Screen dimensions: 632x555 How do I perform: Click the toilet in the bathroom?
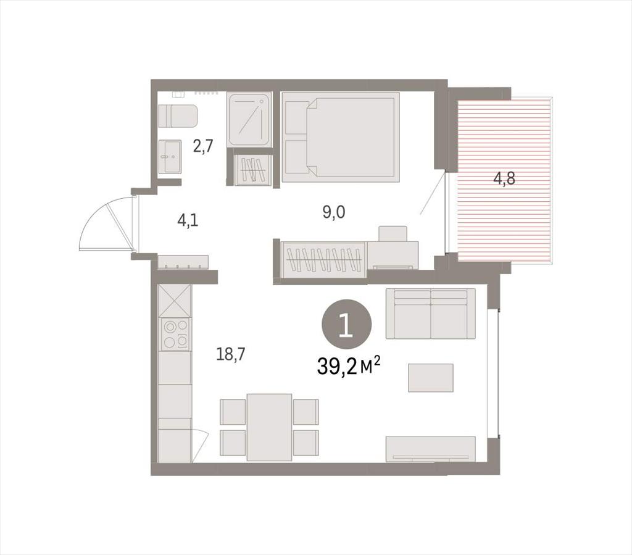coord(178,116)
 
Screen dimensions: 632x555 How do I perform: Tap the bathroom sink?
coord(169,157)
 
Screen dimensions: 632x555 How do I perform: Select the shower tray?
coord(249,119)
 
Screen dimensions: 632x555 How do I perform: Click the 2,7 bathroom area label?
coord(202,146)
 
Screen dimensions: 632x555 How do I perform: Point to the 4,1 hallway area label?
coord(188,220)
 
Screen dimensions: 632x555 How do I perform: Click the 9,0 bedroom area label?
coord(334,212)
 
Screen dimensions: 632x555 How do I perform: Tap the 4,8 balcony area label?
coord(504,178)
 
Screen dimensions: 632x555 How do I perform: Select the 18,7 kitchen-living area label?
coord(231,354)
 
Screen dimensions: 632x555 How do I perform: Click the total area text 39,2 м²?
coord(349,366)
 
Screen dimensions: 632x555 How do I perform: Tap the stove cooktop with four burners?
coord(175,334)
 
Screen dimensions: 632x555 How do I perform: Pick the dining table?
coord(269,427)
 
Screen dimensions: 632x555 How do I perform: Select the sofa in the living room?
coord(430,314)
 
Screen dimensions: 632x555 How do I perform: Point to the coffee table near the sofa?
coord(430,378)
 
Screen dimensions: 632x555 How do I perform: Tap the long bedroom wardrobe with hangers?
coord(323,259)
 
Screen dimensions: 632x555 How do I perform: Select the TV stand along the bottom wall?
coord(430,449)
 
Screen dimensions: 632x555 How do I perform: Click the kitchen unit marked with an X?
coord(175,301)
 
